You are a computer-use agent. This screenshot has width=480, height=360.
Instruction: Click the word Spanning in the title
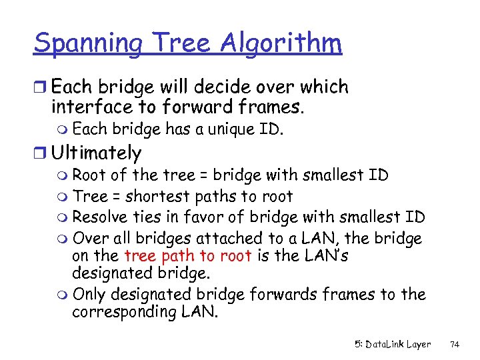pos(87,45)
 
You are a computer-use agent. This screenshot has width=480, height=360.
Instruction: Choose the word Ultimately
pos(96,153)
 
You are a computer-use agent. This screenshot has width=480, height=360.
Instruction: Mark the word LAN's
pos(322,255)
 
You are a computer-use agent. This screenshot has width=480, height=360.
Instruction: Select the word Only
pos(88,294)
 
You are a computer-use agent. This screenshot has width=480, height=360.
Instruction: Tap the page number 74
pos(455,345)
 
